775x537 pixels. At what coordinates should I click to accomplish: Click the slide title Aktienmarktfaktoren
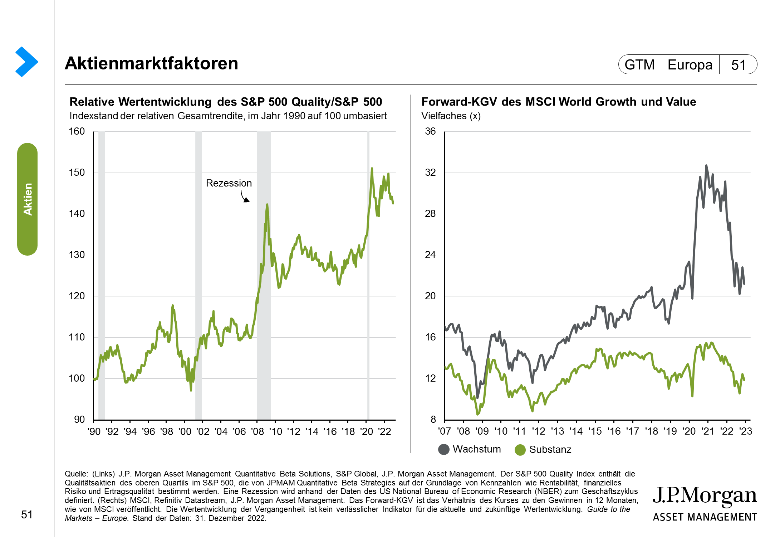151,63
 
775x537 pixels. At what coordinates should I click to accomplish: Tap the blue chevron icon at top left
26,62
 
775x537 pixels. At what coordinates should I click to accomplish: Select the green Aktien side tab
28,199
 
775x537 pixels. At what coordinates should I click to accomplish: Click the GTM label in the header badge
639,65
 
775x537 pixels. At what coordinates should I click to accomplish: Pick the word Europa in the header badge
690,65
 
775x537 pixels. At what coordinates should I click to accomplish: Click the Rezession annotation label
229,183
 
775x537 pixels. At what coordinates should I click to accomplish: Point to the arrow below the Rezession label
245,197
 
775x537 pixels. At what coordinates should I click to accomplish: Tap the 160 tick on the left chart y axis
77,131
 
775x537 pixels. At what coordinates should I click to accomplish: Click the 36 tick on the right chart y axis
430,131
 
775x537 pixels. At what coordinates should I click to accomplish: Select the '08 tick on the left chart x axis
257,431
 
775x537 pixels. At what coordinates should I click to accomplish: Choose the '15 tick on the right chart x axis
595,431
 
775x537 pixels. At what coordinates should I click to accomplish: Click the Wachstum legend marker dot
444,449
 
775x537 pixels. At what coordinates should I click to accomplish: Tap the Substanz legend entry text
550,449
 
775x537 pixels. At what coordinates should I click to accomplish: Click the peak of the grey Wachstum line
706,166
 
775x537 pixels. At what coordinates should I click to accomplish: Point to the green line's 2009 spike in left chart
267,205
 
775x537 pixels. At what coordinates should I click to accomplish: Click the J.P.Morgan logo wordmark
705,496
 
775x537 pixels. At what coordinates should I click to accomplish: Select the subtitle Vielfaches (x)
451,116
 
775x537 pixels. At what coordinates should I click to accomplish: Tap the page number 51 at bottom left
27,514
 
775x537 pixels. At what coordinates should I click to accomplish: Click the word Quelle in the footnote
75,474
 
